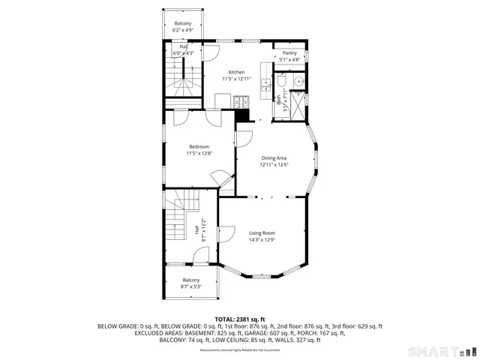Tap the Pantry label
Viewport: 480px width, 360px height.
click(289, 53)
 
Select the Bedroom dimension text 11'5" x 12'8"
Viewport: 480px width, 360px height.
click(199, 153)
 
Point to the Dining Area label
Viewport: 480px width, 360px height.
click(274, 158)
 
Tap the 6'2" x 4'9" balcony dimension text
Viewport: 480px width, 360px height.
click(183, 31)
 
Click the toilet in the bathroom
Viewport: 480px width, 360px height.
click(280, 82)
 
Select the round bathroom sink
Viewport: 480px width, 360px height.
click(299, 82)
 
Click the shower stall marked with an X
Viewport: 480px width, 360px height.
click(299, 106)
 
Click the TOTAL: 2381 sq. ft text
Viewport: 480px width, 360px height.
click(240, 319)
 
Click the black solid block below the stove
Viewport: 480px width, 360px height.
click(241, 115)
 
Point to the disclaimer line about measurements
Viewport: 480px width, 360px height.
click(240, 350)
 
